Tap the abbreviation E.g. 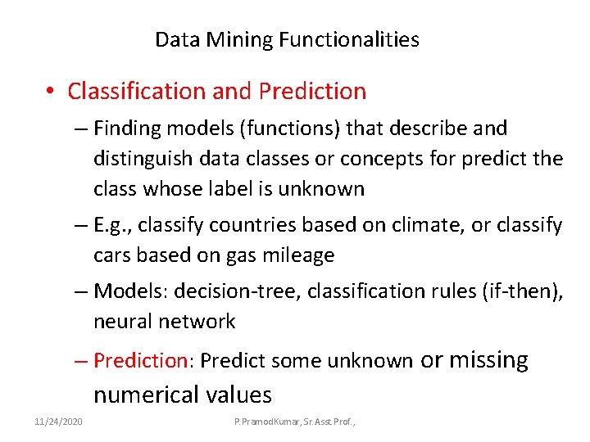111,225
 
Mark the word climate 416,225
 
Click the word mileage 298,255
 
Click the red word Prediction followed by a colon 141,360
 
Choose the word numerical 143,395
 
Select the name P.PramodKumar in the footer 267,421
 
